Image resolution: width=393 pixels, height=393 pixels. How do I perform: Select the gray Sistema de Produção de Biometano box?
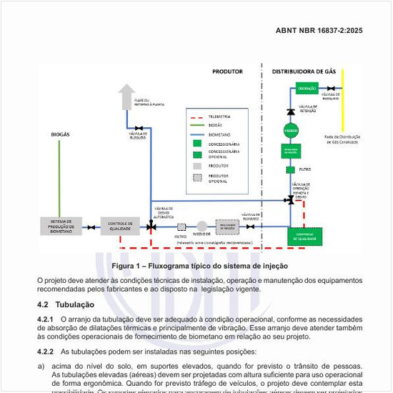[61, 227]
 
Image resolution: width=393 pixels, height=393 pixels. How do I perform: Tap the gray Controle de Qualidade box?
[120, 227]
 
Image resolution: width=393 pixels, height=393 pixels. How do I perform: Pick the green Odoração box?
[306, 88]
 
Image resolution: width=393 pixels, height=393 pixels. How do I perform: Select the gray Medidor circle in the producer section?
[202, 227]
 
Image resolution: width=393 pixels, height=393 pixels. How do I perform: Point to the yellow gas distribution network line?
[343, 107]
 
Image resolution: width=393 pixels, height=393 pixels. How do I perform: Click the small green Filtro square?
[290, 169]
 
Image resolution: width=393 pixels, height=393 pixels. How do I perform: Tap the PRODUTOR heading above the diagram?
[227, 71]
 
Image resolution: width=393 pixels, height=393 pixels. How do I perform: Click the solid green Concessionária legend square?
[196, 143]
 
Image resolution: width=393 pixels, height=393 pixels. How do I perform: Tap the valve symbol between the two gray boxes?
[91, 227]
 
